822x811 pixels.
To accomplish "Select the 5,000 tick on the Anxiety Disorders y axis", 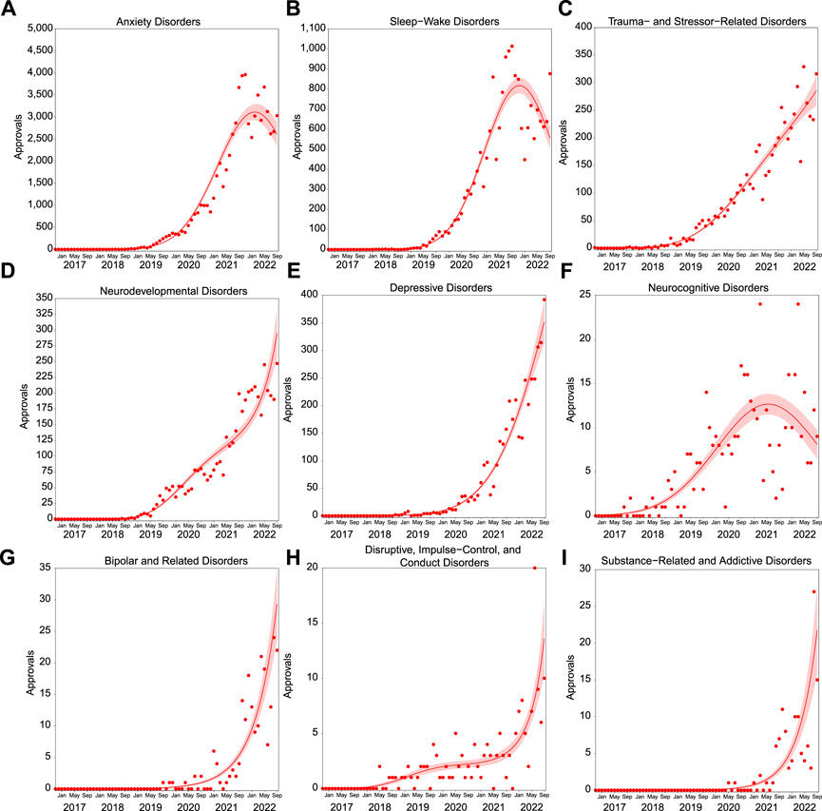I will pos(33,30).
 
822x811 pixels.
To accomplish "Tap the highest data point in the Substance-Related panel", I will pos(813,591).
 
